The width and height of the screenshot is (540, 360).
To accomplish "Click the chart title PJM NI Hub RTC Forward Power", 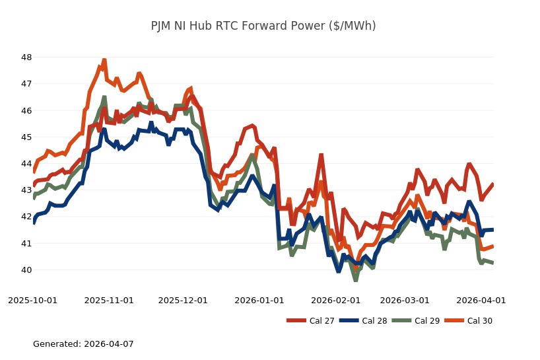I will point(263,26).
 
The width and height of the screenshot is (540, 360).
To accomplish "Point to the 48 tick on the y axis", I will point(26,57).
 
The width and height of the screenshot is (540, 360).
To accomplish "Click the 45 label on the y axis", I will point(26,137).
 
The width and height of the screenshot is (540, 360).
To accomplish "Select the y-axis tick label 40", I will point(26,270).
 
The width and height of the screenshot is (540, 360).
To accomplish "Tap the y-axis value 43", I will point(26,190).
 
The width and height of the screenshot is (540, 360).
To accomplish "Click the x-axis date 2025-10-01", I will point(32,300).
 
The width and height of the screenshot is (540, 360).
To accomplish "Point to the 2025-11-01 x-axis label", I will point(109,300).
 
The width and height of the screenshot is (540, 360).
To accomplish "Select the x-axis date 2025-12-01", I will point(184,300).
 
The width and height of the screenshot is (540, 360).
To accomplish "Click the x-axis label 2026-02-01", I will point(336,300).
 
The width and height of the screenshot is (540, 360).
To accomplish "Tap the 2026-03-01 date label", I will point(405,300).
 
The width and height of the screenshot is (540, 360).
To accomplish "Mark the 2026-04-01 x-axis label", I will point(481,300).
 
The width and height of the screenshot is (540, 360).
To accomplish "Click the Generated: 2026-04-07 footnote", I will point(83,344).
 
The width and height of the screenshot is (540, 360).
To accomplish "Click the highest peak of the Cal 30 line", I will point(104,60).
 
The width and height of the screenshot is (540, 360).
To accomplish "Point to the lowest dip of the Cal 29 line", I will point(355,280).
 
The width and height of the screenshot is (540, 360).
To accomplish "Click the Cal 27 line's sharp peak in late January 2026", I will point(321,155).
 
